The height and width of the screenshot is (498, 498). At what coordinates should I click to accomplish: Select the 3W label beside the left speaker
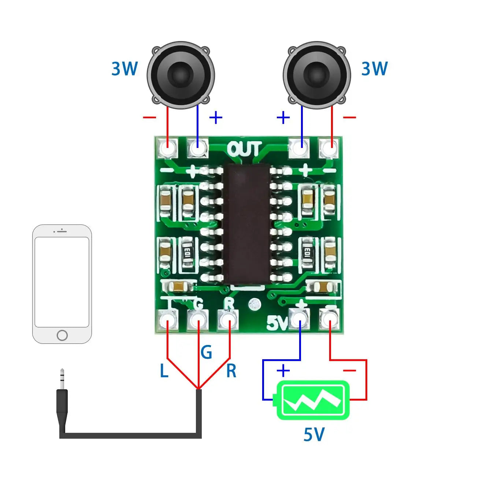[x=124, y=69]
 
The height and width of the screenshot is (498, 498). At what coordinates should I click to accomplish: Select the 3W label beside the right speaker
[x=374, y=69]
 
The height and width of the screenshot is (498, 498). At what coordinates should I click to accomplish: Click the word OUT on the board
[x=244, y=149]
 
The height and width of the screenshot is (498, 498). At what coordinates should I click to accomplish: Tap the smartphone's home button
[x=62, y=335]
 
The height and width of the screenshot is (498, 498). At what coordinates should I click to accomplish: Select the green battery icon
[x=313, y=400]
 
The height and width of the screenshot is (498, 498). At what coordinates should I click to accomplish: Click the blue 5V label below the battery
[x=314, y=435]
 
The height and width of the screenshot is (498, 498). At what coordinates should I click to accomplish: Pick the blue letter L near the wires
[x=164, y=371]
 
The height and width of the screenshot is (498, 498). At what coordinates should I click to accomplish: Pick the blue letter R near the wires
[x=231, y=371]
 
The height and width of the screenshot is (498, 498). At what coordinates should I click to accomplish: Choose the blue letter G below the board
[x=206, y=352]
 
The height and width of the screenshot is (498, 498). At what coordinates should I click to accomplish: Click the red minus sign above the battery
[x=349, y=371]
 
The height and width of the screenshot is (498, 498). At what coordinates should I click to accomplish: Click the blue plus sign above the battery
[x=283, y=371]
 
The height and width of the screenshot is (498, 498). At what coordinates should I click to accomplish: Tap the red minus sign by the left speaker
[x=149, y=118]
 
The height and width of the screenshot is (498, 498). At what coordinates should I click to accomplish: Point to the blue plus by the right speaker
[x=283, y=118]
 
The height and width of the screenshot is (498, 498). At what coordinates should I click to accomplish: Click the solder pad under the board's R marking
[x=229, y=320]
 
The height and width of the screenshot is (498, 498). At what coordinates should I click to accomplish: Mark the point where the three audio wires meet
[x=198, y=389]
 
